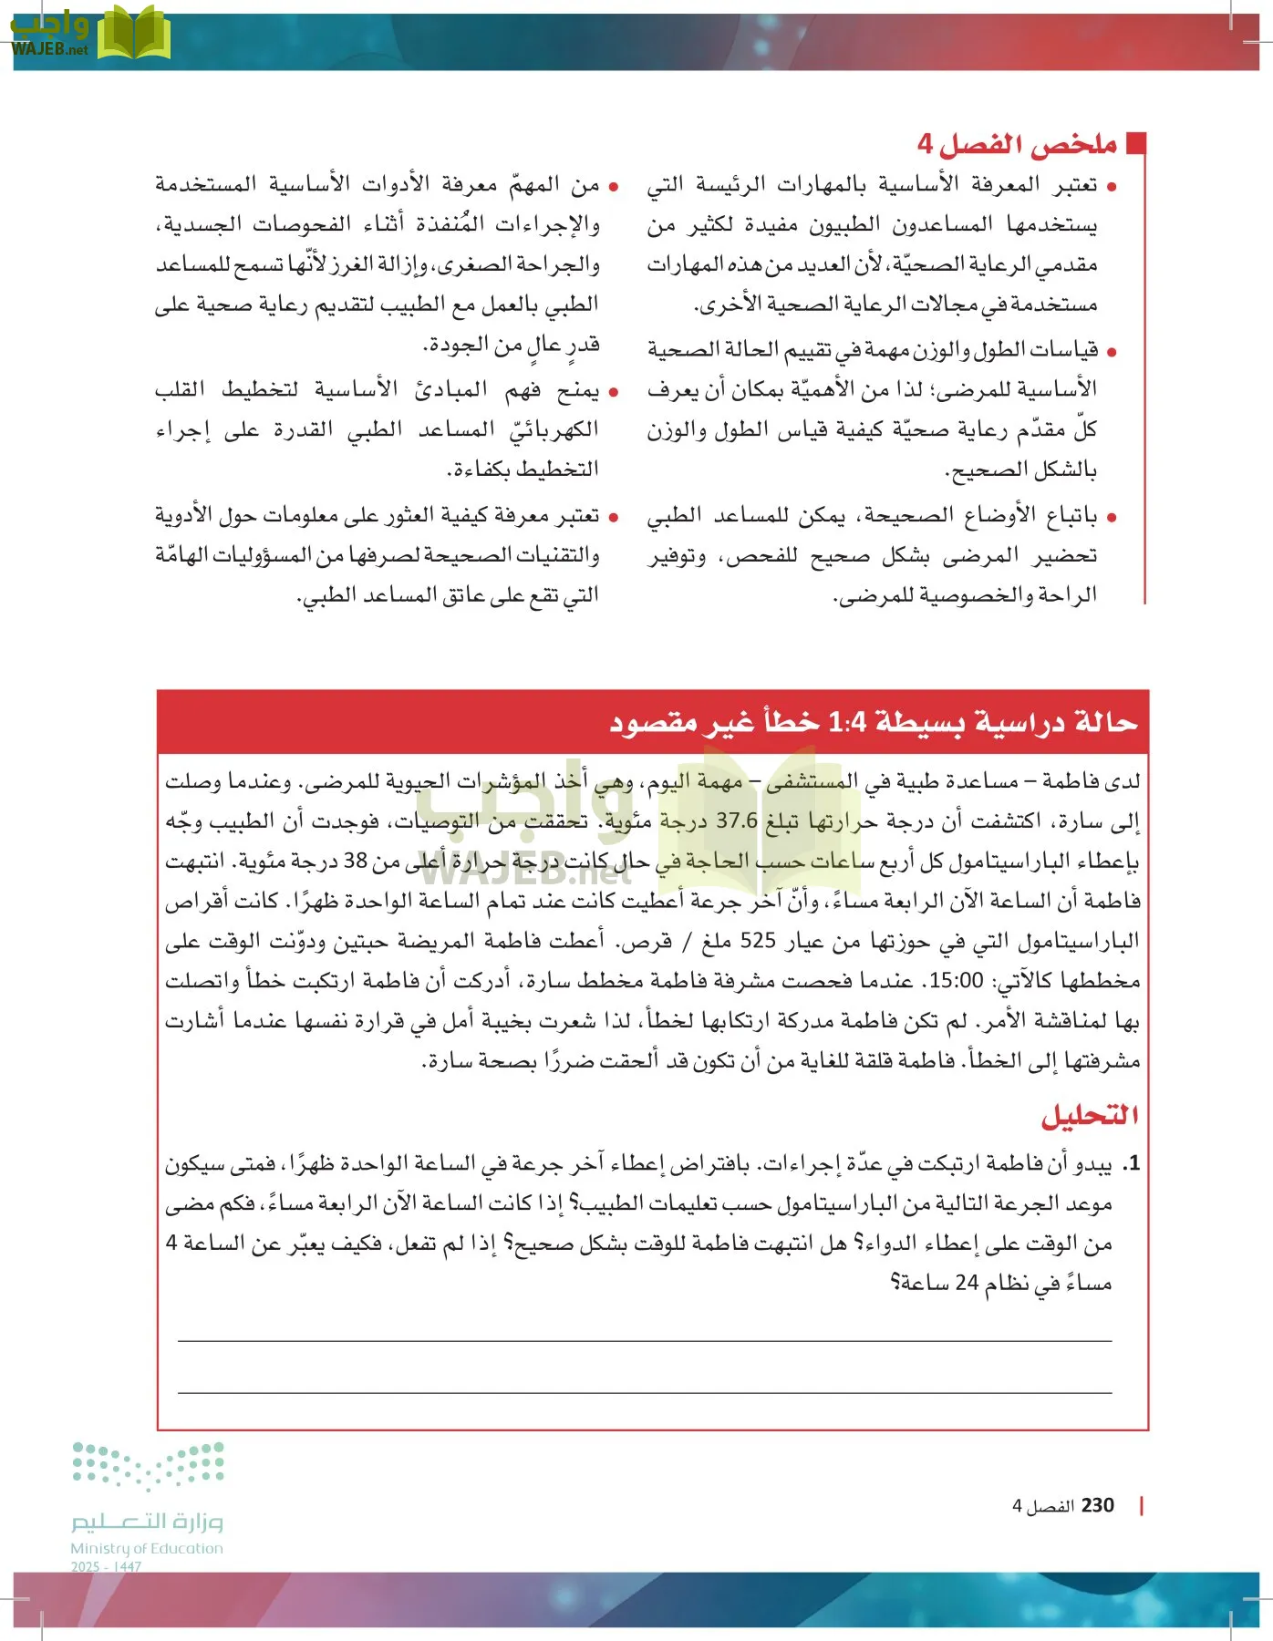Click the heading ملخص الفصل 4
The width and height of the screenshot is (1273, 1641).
pyautogui.click(x=1017, y=144)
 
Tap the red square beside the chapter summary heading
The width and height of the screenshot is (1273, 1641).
pyautogui.click(x=1135, y=143)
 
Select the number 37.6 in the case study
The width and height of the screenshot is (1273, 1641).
pyautogui.click(x=737, y=820)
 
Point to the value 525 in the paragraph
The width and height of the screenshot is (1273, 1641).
pyautogui.click(x=758, y=941)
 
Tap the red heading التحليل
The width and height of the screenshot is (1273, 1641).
pyautogui.click(x=1090, y=1115)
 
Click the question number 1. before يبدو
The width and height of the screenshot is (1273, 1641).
pyautogui.click(x=1131, y=1164)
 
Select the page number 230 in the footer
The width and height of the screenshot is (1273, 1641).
pyautogui.click(x=1097, y=1505)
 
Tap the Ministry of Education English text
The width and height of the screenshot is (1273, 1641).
pyautogui.click(x=147, y=1548)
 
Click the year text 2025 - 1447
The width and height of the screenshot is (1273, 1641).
pyautogui.click(x=106, y=1566)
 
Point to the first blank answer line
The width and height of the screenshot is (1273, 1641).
pyautogui.click(x=645, y=1340)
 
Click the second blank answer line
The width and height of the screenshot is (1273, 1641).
pyautogui.click(x=645, y=1392)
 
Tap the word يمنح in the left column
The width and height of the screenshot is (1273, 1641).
pyautogui.click(x=578, y=390)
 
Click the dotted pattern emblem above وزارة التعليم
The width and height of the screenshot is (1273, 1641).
pyautogui.click(x=148, y=1466)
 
